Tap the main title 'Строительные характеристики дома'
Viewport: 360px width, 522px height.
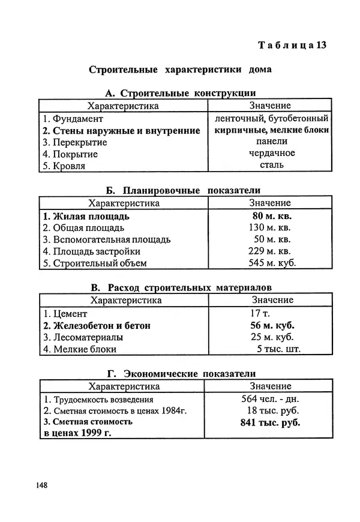click(x=180, y=70)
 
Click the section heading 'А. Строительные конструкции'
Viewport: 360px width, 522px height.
click(x=180, y=93)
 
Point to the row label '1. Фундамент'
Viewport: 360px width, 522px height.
click(x=73, y=118)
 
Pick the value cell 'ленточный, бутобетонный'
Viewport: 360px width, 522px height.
click(x=271, y=118)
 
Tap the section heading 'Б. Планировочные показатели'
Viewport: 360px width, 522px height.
click(x=180, y=191)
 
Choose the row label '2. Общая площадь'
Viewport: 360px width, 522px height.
click(x=83, y=228)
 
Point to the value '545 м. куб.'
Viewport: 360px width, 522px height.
click(x=272, y=263)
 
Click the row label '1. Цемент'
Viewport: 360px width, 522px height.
click(x=65, y=313)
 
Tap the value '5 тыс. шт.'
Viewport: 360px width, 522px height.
click(x=278, y=349)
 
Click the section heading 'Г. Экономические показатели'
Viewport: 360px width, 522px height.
click(x=180, y=374)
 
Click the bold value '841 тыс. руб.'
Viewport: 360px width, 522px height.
click(x=270, y=422)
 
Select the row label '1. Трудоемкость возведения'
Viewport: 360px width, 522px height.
click(x=98, y=399)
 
